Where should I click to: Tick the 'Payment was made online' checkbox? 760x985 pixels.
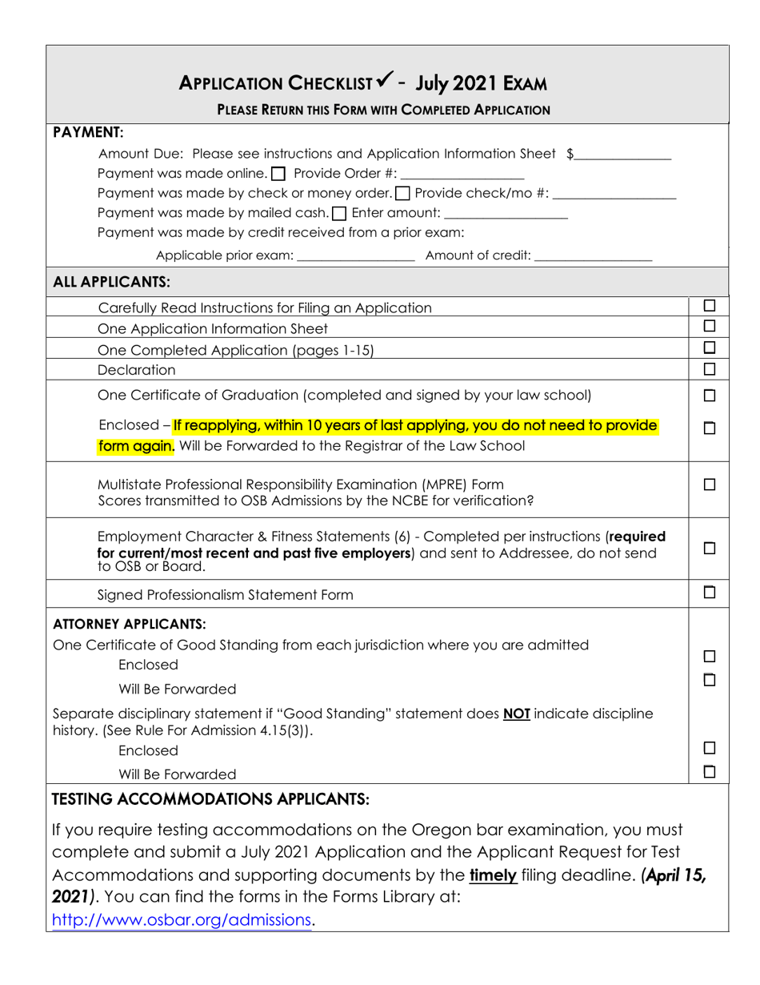pyautogui.click(x=278, y=174)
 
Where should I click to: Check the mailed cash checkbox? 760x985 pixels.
pyautogui.click(x=338, y=213)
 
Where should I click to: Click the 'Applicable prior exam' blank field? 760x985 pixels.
pyautogui.click(x=355, y=256)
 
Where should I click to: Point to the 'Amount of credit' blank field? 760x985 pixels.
pyautogui.click(x=593, y=256)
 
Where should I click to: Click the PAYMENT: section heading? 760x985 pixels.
pyautogui.click(x=87, y=131)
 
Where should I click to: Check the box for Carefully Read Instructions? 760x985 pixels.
pyautogui.click(x=709, y=306)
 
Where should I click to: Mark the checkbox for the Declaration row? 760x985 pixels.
pyautogui.click(x=709, y=369)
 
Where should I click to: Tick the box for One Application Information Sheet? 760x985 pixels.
pyautogui.click(x=709, y=327)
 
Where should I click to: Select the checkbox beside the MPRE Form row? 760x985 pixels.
pyautogui.click(x=709, y=484)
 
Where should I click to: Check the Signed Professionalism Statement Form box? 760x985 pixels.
pyautogui.click(x=709, y=593)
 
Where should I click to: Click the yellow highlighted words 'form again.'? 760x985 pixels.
pyautogui.click(x=135, y=446)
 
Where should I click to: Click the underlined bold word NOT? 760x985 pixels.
pyautogui.click(x=517, y=713)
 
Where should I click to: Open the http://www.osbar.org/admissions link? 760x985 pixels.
pyautogui.click(x=181, y=921)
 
